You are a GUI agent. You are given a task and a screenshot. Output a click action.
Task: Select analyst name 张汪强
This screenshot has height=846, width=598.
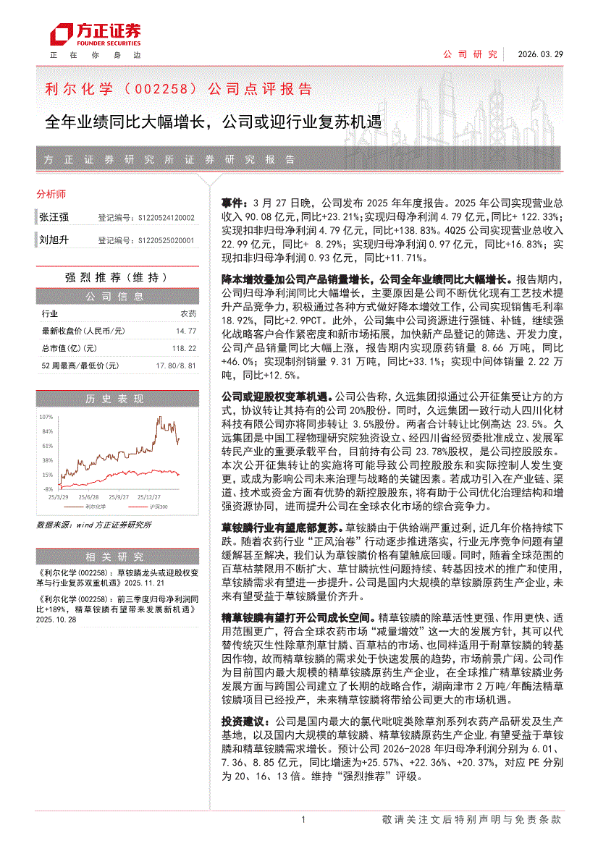tap(54, 217)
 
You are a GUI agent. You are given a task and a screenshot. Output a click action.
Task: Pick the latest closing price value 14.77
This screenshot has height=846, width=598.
tap(186, 331)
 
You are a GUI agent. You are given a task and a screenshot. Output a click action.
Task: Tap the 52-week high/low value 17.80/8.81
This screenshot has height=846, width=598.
tap(177, 366)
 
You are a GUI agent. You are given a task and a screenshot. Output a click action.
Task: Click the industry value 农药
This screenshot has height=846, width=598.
tap(188, 314)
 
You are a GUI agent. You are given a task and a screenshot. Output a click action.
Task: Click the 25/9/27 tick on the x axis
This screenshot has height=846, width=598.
tap(119, 497)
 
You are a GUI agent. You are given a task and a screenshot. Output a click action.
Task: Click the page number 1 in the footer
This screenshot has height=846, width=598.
tap(303, 820)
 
